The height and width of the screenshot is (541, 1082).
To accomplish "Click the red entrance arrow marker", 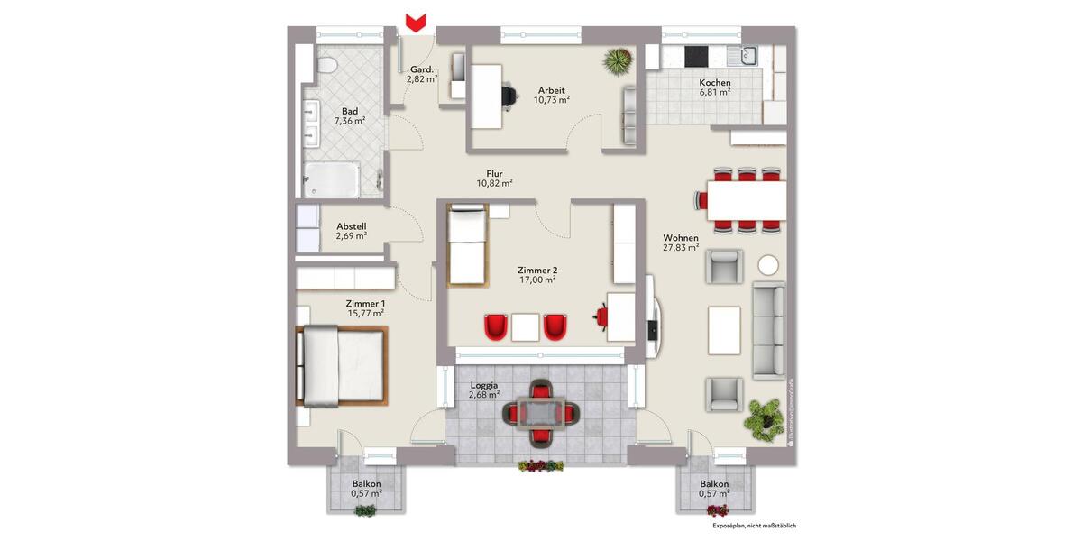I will (x=416, y=22).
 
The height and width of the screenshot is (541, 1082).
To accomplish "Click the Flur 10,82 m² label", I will (x=494, y=179).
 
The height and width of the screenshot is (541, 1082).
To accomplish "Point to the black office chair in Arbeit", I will (x=510, y=93).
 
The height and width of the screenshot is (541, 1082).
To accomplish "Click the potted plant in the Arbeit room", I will (x=618, y=61).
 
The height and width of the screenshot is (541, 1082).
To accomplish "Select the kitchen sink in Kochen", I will (x=747, y=57).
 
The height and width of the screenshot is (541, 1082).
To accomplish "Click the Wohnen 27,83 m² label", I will (x=682, y=243).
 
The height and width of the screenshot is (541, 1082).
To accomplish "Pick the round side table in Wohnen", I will (x=769, y=265).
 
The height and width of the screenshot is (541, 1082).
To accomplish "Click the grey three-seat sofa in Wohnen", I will (x=769, y=330).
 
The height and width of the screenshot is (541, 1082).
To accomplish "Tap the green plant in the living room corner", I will (x=764, y=417).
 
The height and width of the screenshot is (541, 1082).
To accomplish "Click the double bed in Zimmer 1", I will (x=342, y=366).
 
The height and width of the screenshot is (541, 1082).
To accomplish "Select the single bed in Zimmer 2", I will (x=467, y=245).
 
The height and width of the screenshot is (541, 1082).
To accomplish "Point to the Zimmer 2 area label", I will (x=536, y=274).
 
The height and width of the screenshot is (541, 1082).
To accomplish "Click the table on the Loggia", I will (x=540, y=413).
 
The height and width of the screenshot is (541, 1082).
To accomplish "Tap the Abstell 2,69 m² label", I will (x=351, y=231).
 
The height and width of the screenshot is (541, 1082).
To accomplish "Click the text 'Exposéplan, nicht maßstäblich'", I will (x=754, y=525).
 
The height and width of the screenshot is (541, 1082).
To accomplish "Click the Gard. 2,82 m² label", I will (x=422, y=74).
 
